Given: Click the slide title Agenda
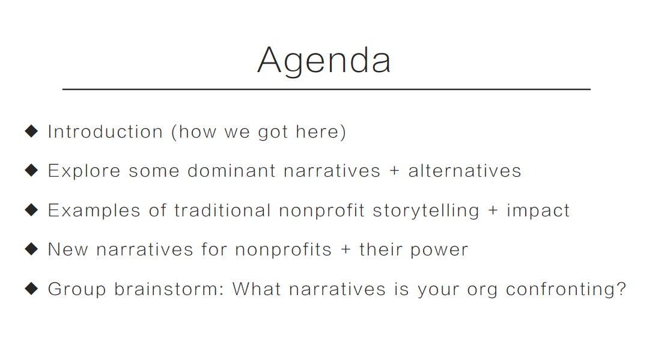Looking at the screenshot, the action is [x=324, y=61].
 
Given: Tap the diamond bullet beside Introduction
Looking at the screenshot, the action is [x=32, y=132].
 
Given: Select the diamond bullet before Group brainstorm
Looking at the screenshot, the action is [x=32, y=288].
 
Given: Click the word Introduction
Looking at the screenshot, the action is [x=105, y=132].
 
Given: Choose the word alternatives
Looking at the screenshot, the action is [x=465, y=171].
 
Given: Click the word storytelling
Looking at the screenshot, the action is [x=426, y=210].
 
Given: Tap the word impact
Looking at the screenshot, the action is [x=538, y=210].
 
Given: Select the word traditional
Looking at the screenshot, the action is [x=223, y=210].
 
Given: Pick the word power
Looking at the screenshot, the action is [x=439, y=250].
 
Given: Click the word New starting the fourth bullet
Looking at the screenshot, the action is [x=68, y=249].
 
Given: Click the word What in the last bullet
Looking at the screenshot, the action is [x=257, y=289].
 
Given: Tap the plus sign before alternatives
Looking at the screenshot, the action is [x=395, y=171].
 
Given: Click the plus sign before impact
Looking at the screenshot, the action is [x=493, y=210].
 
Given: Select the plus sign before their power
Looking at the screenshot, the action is [x=346, y=249].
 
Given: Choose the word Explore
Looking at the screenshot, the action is [x=84, y=171].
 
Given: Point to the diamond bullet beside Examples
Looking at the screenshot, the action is [x=32, y=210].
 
